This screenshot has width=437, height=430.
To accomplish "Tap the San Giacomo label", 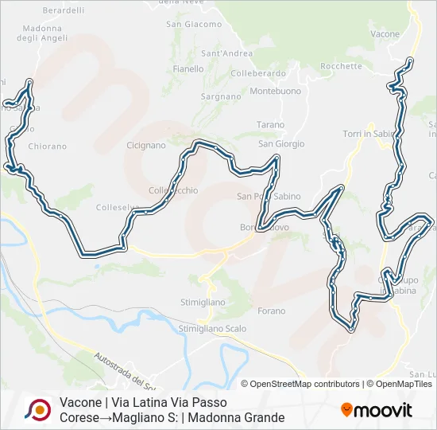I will (x=194, y=25).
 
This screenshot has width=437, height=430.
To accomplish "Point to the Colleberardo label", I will (x=257, y=73).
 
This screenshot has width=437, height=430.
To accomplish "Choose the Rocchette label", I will (x=342, y=66).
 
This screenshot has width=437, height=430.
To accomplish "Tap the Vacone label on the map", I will (x=385, y=34).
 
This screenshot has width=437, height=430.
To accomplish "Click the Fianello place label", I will (x=188, y=68).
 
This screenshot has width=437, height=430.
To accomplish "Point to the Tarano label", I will (x=270, y=125).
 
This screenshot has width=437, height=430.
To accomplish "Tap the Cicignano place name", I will (x=145, y=146).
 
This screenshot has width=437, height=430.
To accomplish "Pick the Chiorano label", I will (x=48, y=147).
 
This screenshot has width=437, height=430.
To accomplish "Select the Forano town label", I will (x=272, y=311).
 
